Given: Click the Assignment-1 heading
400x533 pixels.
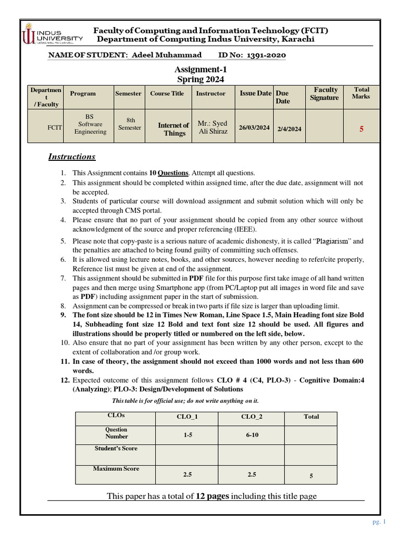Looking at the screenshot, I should pyautogui.click(x=201, y=69).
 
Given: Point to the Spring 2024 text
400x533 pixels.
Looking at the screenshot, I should pyautogui.click(x=201, y=79).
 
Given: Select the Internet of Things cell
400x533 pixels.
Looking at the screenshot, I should pyautogui.click(x=174, y=129).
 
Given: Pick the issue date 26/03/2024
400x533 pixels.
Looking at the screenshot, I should pyautogui.click(x=255, y=128).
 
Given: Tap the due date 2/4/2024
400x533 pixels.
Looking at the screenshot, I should pyautogui.click(x=289, y=129).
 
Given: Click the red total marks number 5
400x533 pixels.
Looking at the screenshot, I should pyautogui.click(x=361, y=129).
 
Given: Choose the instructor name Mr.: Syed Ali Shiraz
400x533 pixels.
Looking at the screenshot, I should pyautogui.click(x=213, y=128).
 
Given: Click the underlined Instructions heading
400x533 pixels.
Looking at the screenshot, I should pyautogui.click(x=72, y=157).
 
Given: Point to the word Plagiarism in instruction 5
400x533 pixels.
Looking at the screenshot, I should pyautogui.click(x=334, y=242).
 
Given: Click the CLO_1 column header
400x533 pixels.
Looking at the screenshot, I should pyautogui.click(x=187, y=417).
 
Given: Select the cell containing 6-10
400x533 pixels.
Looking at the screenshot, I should pyautogui.click(x=253, y=435).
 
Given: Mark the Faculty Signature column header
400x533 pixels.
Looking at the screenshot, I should pyautogui.click(x=324, y=94).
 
